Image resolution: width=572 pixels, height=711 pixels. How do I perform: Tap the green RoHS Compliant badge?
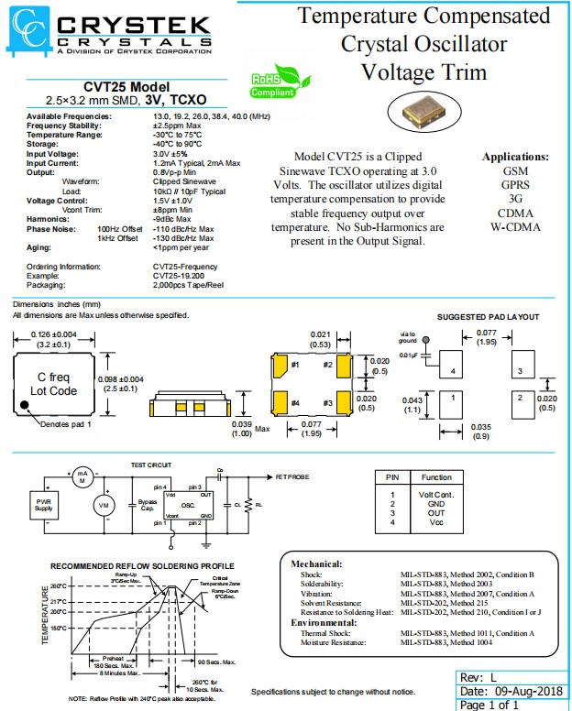[273, 85]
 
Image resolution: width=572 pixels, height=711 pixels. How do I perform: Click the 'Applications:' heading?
[515, 157]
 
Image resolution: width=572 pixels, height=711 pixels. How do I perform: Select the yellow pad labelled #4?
[276, 402]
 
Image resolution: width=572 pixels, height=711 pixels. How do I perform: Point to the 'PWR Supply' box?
[44, 504]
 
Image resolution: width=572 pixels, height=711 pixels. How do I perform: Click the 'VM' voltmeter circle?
[103, 504]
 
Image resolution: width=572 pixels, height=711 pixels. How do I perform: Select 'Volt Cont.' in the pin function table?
[436, 495]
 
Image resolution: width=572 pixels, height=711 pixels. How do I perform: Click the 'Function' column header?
[436, 477]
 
